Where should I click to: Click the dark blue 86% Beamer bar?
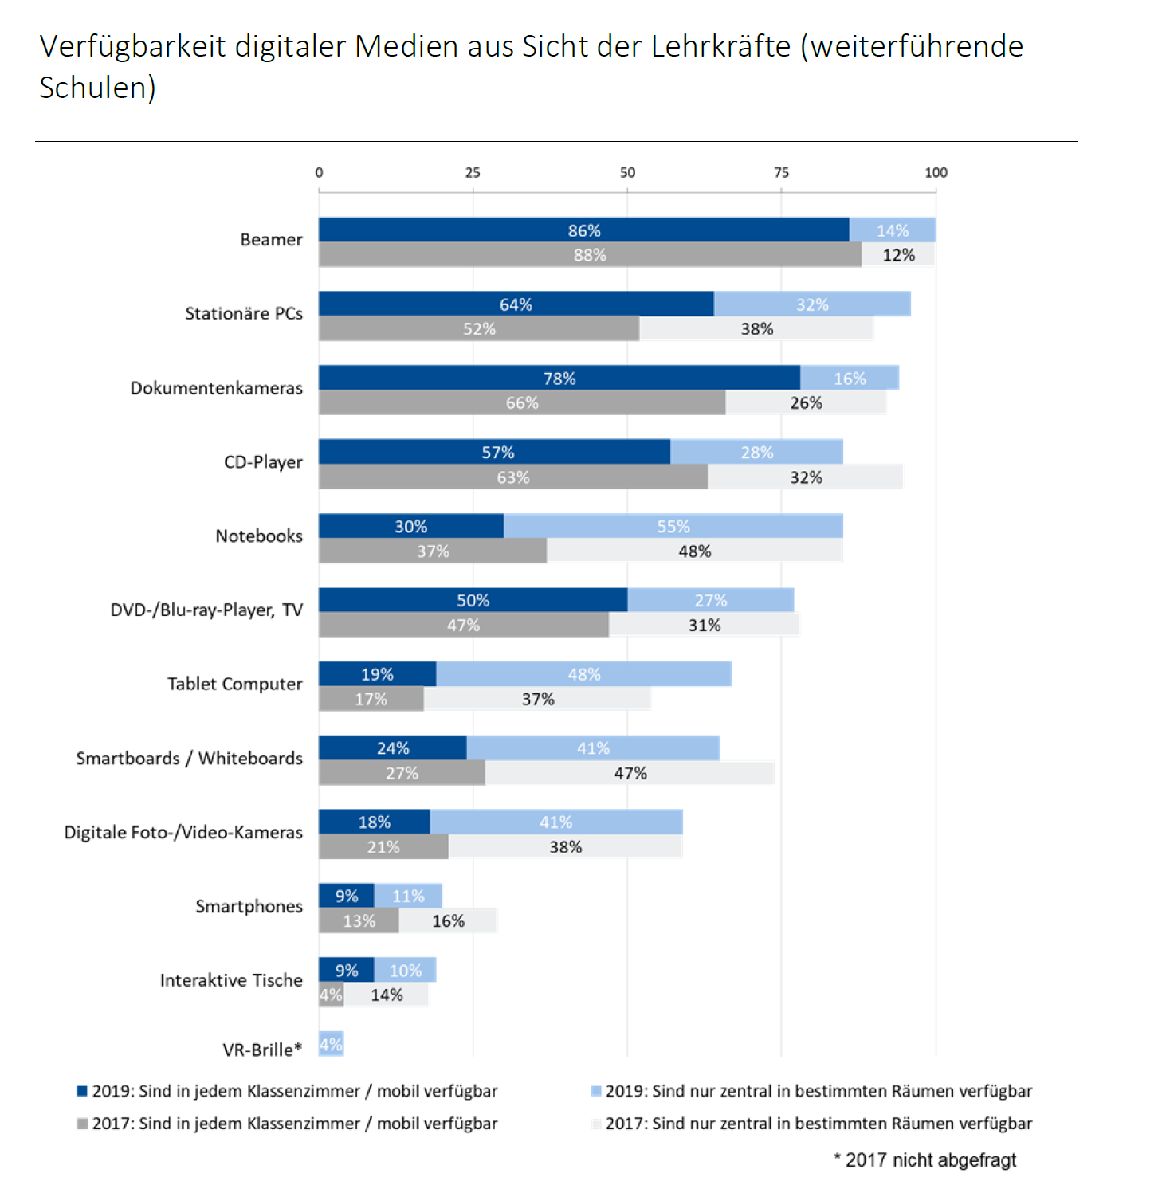tap(583, 230)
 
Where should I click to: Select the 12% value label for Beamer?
tap(898, 255)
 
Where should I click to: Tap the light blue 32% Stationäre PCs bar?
tap(811, 304)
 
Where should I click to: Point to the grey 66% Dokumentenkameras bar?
tap(522, 403)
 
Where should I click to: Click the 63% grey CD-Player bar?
tap(512, 477)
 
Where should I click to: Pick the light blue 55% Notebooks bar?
tap(673, 527)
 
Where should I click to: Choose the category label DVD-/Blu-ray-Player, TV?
tap(206, 610)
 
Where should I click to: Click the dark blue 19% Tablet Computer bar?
tap(377, 674)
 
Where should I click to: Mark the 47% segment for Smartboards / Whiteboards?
tap(630, 773)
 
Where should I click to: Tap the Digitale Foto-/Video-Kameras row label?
tap(183, 833)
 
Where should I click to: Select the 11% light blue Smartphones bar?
tap(408, 897)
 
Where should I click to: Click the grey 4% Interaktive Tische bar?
tap(331, 995)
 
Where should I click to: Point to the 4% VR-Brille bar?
tap(331, 1044)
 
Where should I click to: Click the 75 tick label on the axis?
tap(781, 173)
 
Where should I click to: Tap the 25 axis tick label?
tap(473, 173)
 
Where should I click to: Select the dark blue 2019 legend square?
tap(82, 1091)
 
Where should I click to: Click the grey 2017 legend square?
tap(82, 1124)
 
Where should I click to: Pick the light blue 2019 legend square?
tap(595, 1091)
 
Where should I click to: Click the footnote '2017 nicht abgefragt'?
tap(930, 1160)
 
